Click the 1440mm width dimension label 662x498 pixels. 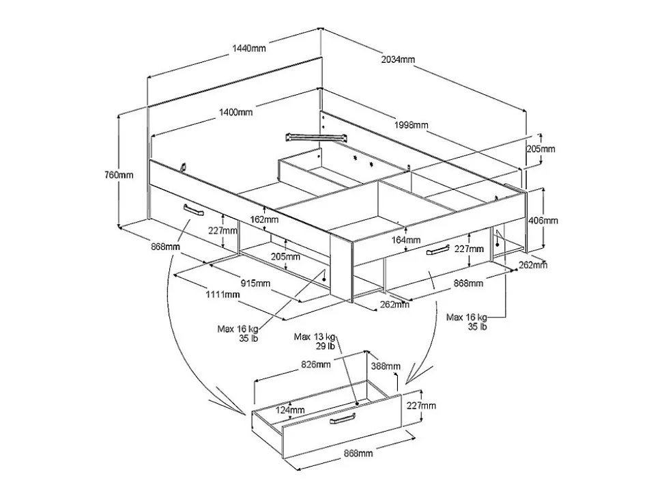click(248, 48)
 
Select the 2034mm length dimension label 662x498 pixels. click(398, 59)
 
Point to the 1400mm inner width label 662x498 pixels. click(235, 112)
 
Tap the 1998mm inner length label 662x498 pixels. click(411, 125)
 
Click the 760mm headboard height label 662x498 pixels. click(120, 175)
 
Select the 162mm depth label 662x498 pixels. click(264, 220)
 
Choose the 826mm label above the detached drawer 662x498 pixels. click(316, 365)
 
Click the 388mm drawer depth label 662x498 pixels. click(386, 367)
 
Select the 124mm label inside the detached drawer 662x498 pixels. click(290, 410)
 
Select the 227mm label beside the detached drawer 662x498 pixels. click(422, 406)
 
